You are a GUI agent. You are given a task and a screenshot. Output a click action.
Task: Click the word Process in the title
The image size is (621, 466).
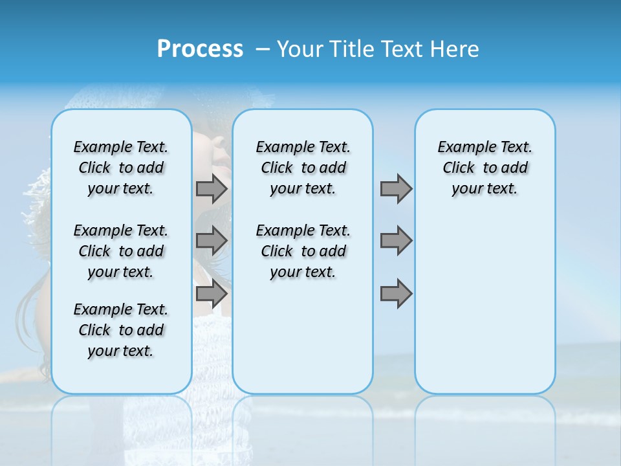tap(200, 49)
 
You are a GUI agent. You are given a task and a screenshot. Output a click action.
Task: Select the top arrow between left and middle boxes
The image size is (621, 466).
tap(212, 188)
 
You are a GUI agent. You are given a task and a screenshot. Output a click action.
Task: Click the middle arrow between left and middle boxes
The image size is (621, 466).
tap(212, 241)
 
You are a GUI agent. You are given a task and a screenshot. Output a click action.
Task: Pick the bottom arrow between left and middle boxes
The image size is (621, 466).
tap(212, 294)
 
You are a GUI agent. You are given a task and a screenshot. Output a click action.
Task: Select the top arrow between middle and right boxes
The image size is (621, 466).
tap(396, 188)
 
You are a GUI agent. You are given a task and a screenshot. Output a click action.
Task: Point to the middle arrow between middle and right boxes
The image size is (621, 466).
tap(396, 241)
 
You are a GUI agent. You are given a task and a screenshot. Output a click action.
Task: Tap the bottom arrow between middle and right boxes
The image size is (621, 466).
tap(396, 294)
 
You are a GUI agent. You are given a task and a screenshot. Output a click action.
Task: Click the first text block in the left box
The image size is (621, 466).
tap(121, 168)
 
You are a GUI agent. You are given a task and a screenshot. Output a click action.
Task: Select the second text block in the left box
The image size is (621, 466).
tap(121, 251)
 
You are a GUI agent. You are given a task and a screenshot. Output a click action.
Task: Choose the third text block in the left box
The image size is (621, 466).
tap(121, 330)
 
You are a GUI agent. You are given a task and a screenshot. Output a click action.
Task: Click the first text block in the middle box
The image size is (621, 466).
tap(303, 168)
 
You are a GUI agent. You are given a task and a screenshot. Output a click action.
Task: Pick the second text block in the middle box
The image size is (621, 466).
tap(303, 251)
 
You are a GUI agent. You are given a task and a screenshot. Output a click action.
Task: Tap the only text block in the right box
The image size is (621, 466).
tap(485, 168)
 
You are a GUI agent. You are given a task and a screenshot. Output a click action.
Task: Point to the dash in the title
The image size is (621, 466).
tap(263, 49)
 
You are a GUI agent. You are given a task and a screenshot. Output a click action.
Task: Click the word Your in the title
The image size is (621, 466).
tap(301, 49)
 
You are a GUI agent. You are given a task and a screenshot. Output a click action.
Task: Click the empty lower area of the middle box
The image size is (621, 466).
tap(303, 337)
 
